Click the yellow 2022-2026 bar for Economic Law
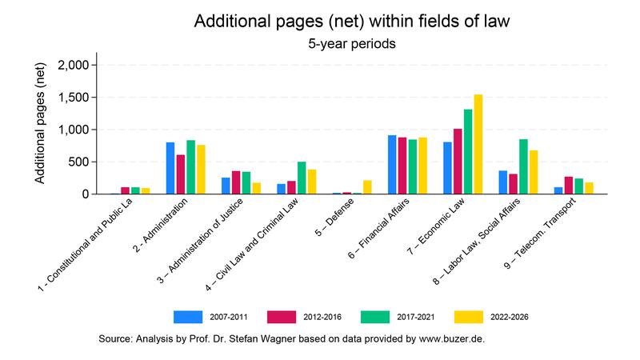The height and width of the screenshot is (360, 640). [x=478, y=144]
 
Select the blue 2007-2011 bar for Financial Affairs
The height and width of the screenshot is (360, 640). [x=392, y=165]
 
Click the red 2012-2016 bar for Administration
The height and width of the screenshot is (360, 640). [x=181, y=174]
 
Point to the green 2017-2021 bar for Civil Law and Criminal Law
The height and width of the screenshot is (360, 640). [x=302, y=178]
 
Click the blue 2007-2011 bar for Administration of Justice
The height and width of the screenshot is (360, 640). [x=226, y=186]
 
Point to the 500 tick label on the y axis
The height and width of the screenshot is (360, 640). [x=83, y=162]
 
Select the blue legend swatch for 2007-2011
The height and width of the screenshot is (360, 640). [x=189, y=316]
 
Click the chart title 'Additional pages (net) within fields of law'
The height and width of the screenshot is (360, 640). [x=352, y=22]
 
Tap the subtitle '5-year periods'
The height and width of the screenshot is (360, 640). [x=352, y=45]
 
